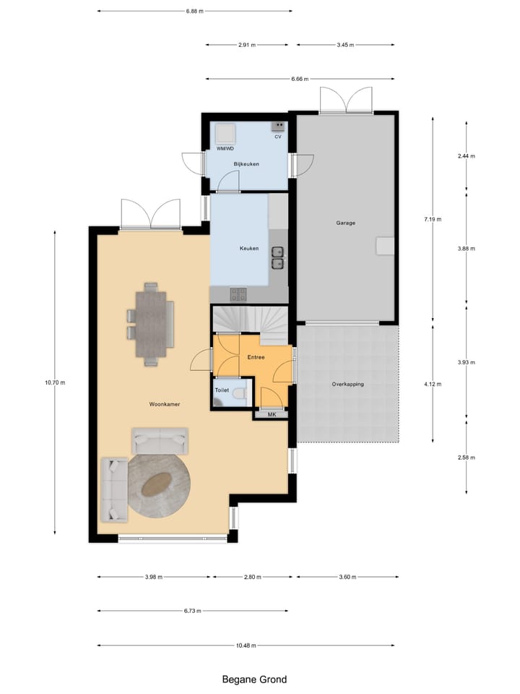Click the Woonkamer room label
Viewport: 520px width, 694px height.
pyautogui.click(x=165, y=404)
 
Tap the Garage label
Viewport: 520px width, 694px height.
pyautogui.click(x=345, y=223)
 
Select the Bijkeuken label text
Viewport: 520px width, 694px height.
pyautogui.click(x=246, y=164)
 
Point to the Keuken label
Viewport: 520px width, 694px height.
pyautogui.click(x=248, y=249)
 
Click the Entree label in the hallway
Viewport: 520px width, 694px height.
pyautogui.click(x=256, y=357)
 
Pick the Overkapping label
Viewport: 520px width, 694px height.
pyautogui.click(x=347, y=384)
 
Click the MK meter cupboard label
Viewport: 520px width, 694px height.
pyautogui.click(x=272, y=414)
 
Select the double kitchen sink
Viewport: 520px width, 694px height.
pyautogui.click(x=278, y=257)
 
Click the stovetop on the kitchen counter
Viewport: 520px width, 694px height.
pyautogui.click(x=238, y=294)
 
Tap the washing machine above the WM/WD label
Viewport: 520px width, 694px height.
pyautogui.click(x=225, y=133)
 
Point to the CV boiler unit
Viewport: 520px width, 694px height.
pyautogui.click(x=277, y=127)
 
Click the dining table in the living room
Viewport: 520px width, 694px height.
pyautogui.click(x=150, y=324)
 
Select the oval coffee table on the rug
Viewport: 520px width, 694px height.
pyautogui.click(x=157, y=485)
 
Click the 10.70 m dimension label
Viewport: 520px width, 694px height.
pyautogui.click(x=55, y=382)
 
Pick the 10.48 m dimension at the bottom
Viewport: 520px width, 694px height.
pyautogui.click(x=246, y=646)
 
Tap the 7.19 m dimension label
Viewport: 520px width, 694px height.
pyautogui.click(x=434, y=219)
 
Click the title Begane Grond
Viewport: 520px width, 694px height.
pyautogui.click(x=253, y=680)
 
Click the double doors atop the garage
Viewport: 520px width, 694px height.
pyautogui.click(x=347, y=100)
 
